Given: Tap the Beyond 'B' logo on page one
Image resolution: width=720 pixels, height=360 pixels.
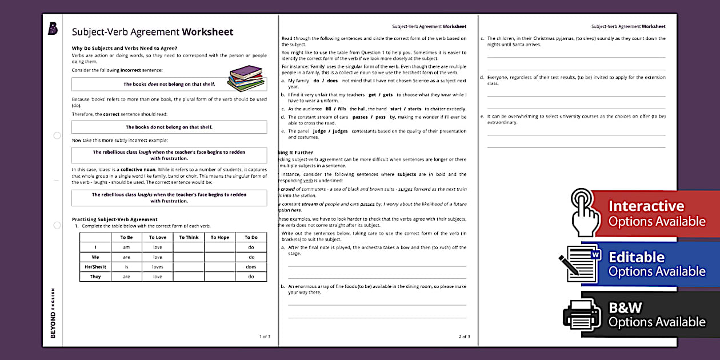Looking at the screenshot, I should tap(53, 29).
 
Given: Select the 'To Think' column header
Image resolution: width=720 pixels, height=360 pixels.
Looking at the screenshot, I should tap(189, 238).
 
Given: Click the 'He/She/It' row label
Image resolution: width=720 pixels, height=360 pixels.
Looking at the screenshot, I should tap(95, 267).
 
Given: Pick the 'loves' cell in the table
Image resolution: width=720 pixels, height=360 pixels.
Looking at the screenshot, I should tap(158, 267).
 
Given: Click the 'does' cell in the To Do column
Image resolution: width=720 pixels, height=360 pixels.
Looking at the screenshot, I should tap(251, 267).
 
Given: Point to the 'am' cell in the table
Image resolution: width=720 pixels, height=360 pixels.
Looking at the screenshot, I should tap(126, 247).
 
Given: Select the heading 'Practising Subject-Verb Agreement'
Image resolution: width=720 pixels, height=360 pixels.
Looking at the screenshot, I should tap(114, 219).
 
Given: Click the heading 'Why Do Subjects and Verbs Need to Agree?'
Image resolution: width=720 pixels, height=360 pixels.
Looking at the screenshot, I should tap(125, 47).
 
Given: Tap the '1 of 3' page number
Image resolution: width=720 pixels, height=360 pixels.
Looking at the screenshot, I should tap(265, 337).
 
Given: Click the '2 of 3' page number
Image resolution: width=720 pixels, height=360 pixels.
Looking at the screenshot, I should tap(464, 337).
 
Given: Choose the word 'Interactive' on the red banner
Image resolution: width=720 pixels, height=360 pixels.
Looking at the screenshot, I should tap(646, 206).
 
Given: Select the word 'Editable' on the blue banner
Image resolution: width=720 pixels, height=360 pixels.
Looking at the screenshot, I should tap(637, 257).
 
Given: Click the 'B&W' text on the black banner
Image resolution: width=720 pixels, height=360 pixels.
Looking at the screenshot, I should tap(626, 308).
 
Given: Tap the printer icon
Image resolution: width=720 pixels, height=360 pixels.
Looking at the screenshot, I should tap(582, 314).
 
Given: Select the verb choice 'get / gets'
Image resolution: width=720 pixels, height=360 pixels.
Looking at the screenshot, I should tap(381, 95).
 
